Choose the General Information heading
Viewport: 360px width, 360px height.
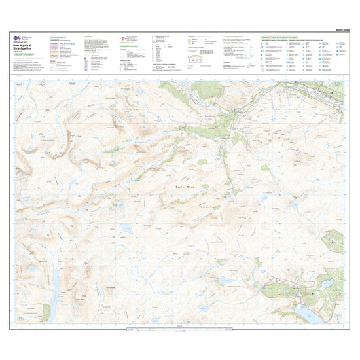[130, 46]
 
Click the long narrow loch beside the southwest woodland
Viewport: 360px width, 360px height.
[56, 281]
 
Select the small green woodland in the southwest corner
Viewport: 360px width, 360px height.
[45, 312]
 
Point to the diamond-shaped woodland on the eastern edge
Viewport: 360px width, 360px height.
[334, 241]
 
